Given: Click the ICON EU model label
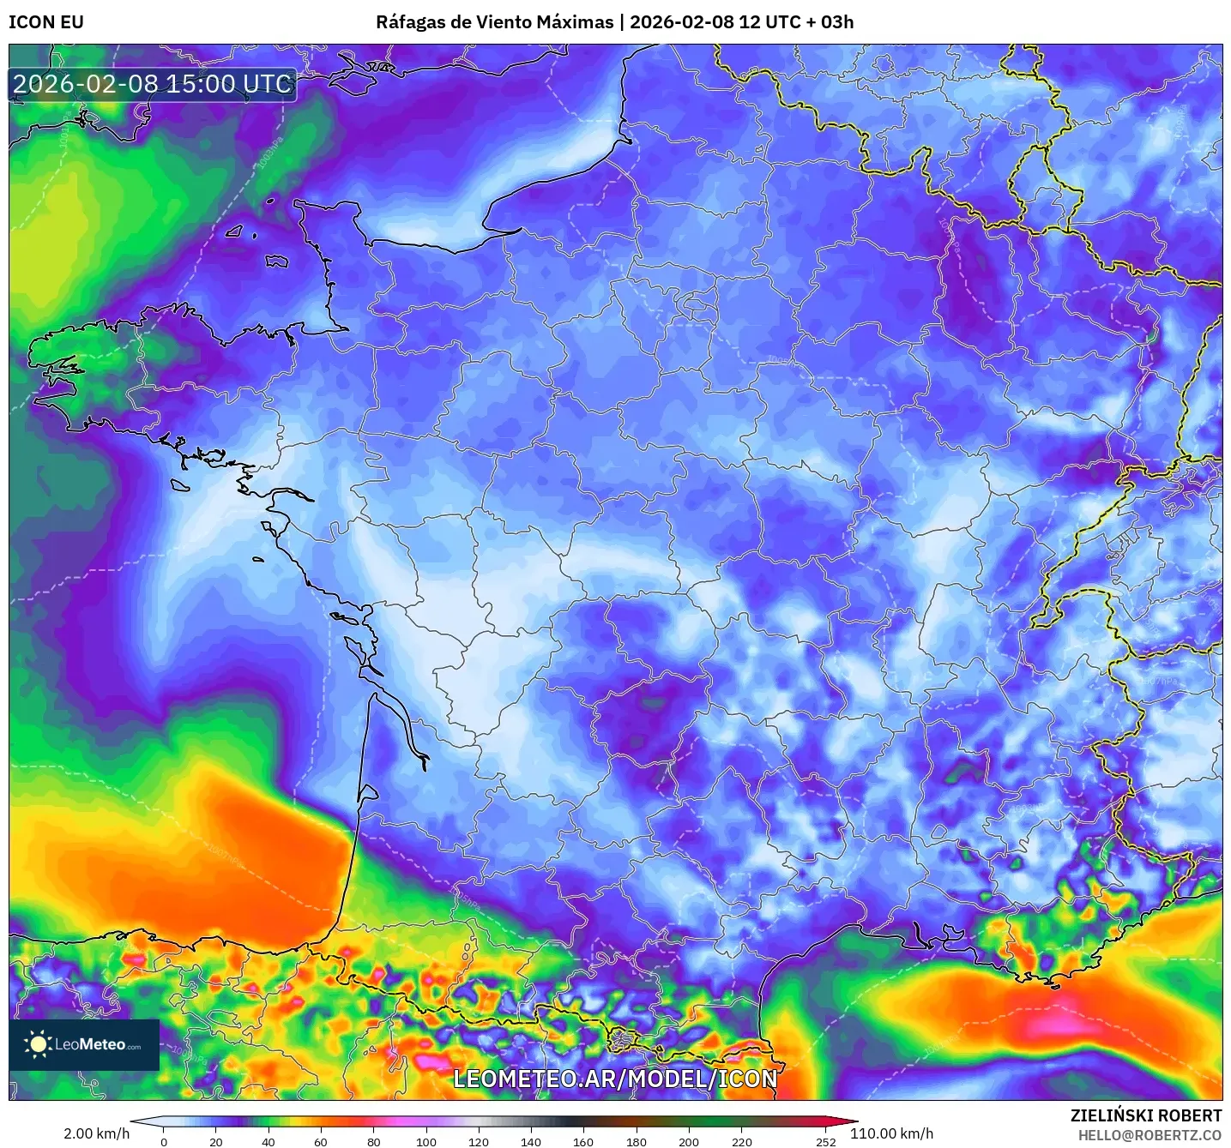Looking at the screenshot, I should tap(46, 22).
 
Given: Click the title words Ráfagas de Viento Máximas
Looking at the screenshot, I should tap(495, 22).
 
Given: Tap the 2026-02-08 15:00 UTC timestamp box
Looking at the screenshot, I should tap(153, 85).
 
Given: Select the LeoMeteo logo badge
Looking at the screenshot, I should tap(84, 1044).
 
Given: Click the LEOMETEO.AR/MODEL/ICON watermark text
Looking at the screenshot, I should tap(615, 1079).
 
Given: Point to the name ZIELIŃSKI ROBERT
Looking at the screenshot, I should tap(1146, 1115).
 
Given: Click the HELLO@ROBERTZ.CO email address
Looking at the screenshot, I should tap(1150, 1135).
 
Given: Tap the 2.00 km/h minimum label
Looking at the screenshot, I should tap(97, 1133).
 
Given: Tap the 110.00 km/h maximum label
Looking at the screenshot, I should tap(891, 1133).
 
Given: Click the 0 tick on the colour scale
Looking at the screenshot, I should tap(164, 1141).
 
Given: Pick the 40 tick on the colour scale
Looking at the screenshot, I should tap(269, 1141).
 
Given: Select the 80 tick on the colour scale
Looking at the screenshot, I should tap(374, 1141).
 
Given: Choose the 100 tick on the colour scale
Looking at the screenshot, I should tap(426, 1141).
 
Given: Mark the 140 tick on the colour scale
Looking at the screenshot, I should tap(531, 1141).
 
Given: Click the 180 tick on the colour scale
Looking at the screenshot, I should tap(637, 1141).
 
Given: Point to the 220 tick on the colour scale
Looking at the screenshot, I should tap(741, 1141).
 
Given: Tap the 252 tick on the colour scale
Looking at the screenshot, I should tap(825, 1141).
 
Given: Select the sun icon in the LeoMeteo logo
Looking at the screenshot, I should tap(38, 1044).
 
